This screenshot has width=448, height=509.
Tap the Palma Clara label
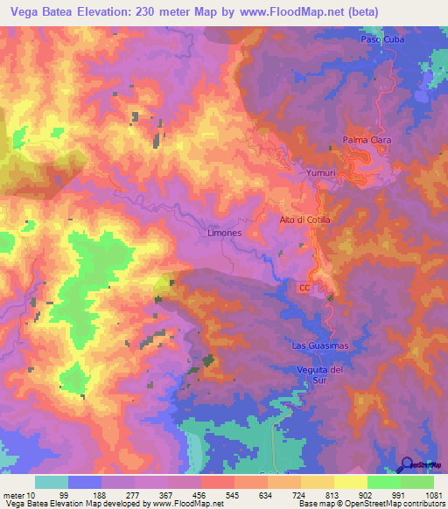click(x=366, y=140)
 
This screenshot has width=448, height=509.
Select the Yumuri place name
click(x=321, y=173)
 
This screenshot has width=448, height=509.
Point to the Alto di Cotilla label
click(x=304, y=219)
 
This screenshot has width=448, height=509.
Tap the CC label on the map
click(x=304, y=287)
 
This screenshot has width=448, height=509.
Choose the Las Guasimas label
click(x=319, y=345)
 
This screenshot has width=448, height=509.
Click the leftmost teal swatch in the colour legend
click(x=51, y=482)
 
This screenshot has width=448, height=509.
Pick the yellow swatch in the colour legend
click(x=350, y=482)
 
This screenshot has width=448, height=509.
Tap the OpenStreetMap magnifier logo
click(x=407, y=464)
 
